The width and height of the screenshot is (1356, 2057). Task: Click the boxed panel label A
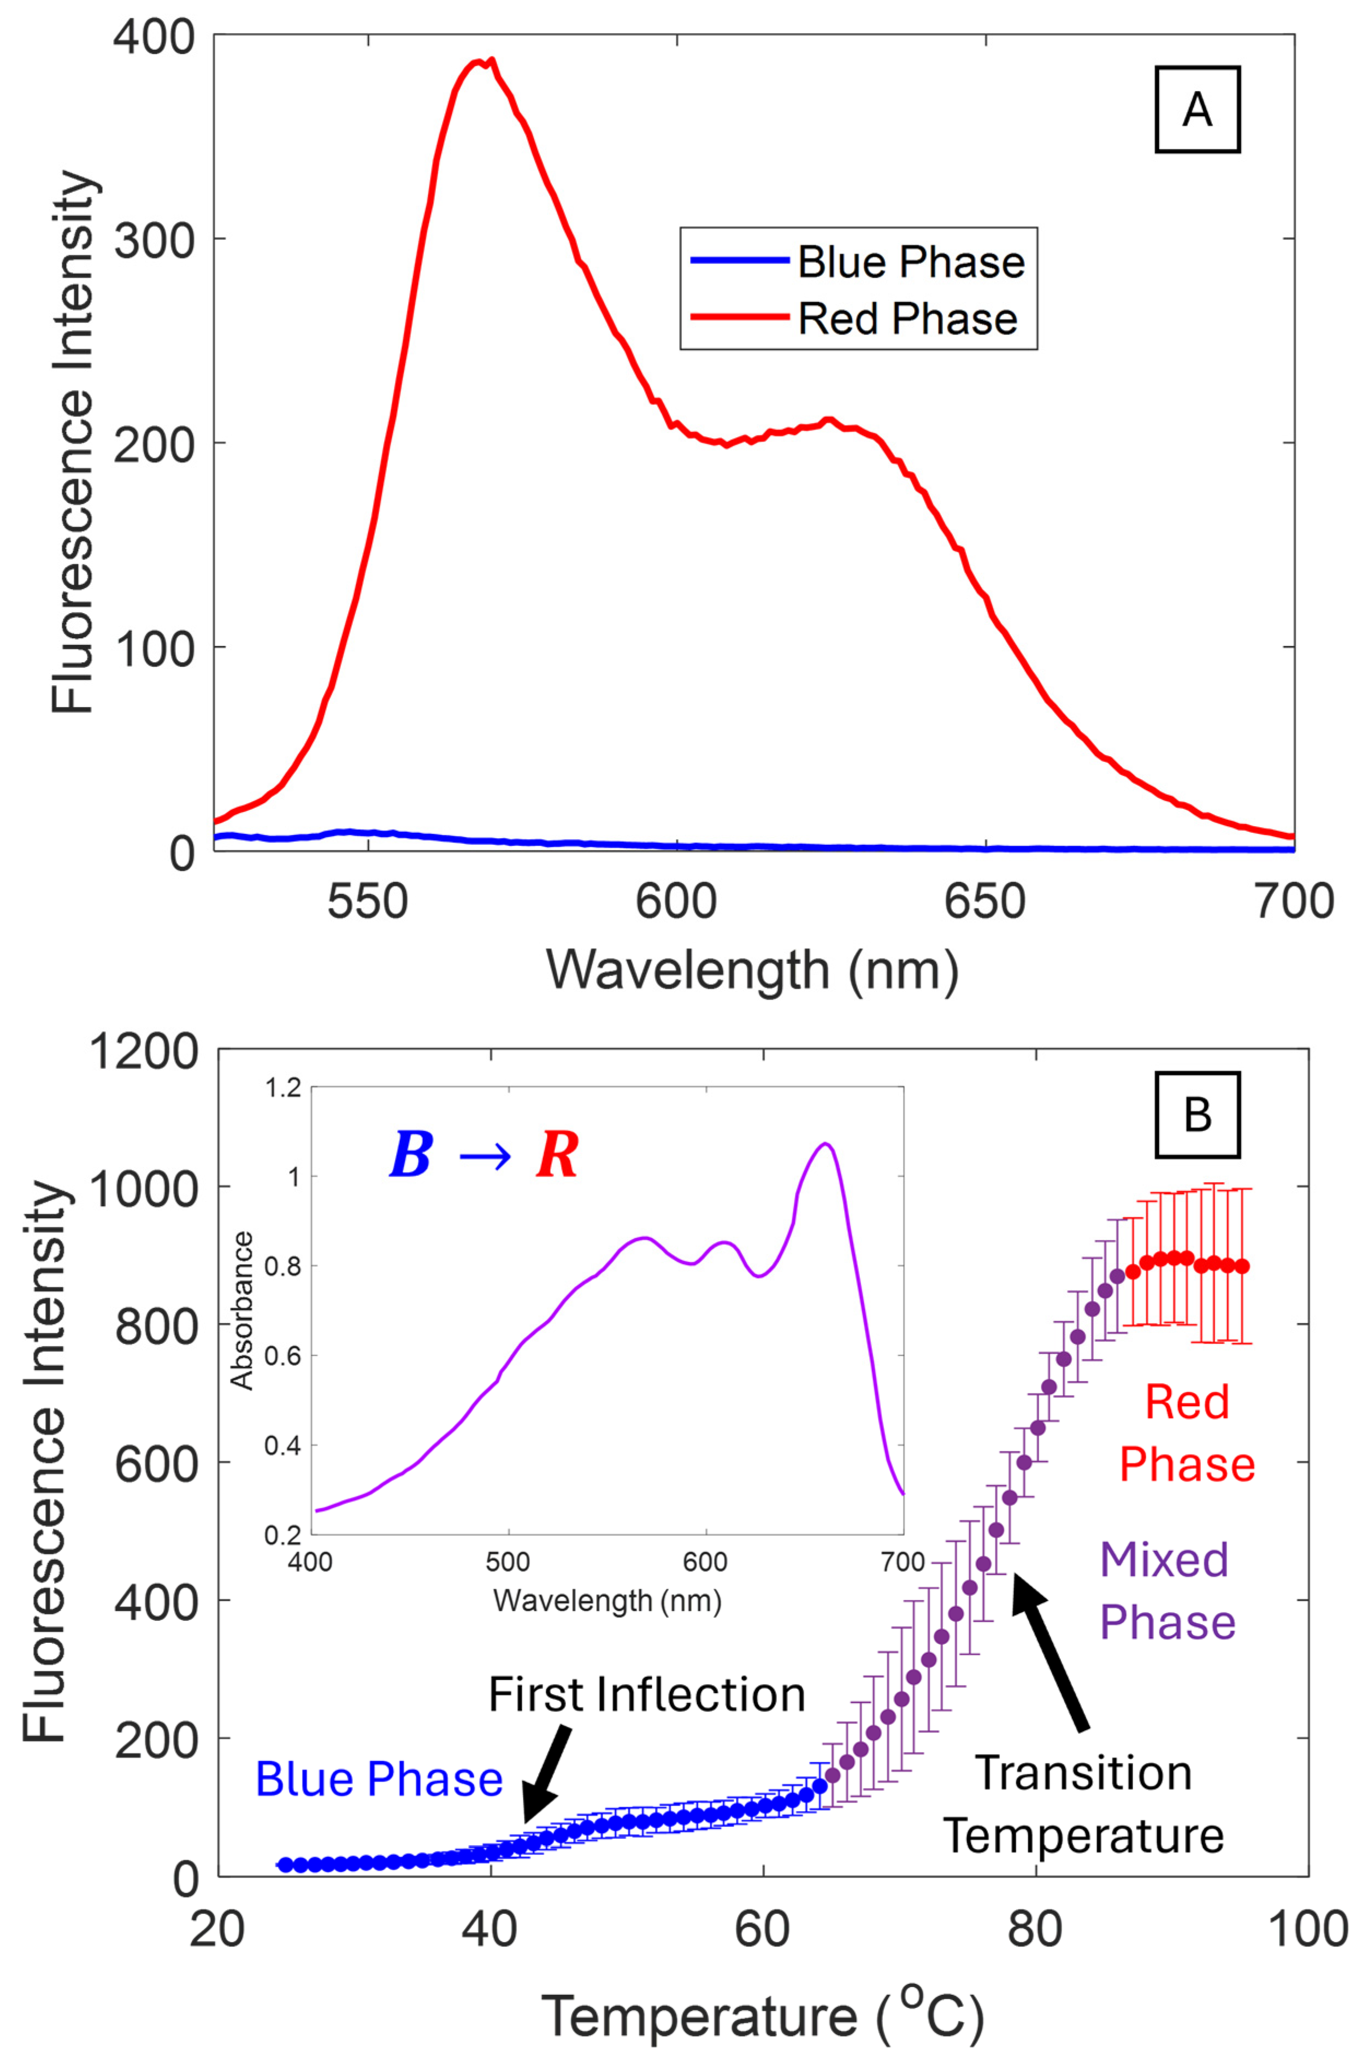1197,110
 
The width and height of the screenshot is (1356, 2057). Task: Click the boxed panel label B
1197,1115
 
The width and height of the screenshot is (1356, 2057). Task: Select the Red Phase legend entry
907,319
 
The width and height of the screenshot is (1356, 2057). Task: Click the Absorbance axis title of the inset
243,1310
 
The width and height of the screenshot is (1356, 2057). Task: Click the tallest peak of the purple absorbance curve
827,1144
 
